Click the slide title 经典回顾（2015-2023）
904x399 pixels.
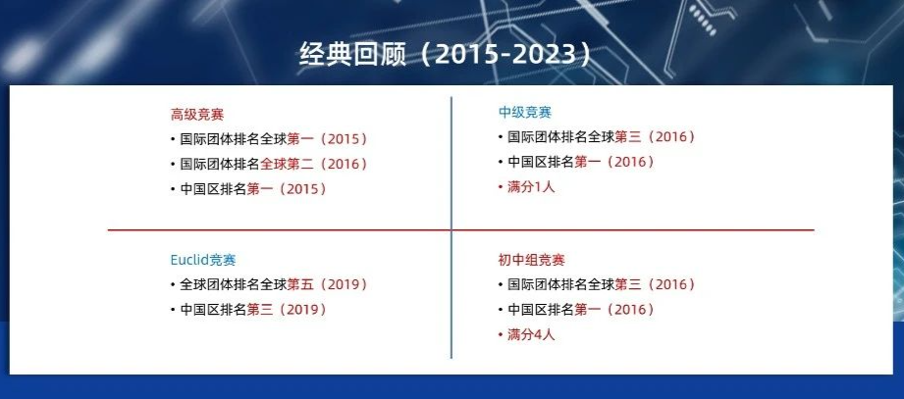coord(447,54)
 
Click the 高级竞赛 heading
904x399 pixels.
coord(197,115)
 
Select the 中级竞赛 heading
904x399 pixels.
coord(525,113)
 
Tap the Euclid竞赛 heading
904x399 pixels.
coord(203,260)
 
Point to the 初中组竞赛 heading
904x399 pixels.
coord(532,260)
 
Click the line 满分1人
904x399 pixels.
coord(530,187)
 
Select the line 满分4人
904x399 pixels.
coord(530,334)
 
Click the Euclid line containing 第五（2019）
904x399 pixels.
coord(273,284)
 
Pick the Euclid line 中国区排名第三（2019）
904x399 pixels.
coord(253,310)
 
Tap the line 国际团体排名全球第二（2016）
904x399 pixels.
coord(273,164)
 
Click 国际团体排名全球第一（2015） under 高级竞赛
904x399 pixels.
coord(273,139)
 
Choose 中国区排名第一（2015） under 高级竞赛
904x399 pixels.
coord(253,189)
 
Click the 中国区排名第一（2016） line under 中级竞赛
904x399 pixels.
coord(581,162)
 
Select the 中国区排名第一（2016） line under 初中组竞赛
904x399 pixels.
coord(581,310)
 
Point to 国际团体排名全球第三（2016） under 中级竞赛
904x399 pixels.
coord(602,137)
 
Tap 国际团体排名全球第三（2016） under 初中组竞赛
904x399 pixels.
coord(602,284)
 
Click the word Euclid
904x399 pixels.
coord(189,260)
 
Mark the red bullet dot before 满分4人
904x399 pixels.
coord(501,335)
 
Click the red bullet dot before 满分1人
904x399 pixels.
coord(501,187)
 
